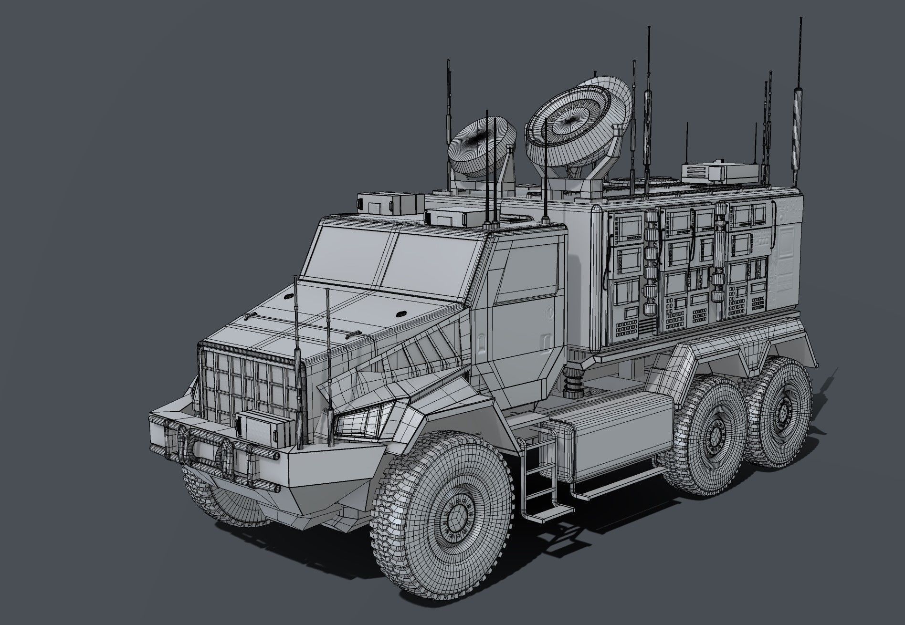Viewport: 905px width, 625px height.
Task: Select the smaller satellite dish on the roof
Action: (x=482, y=146)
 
